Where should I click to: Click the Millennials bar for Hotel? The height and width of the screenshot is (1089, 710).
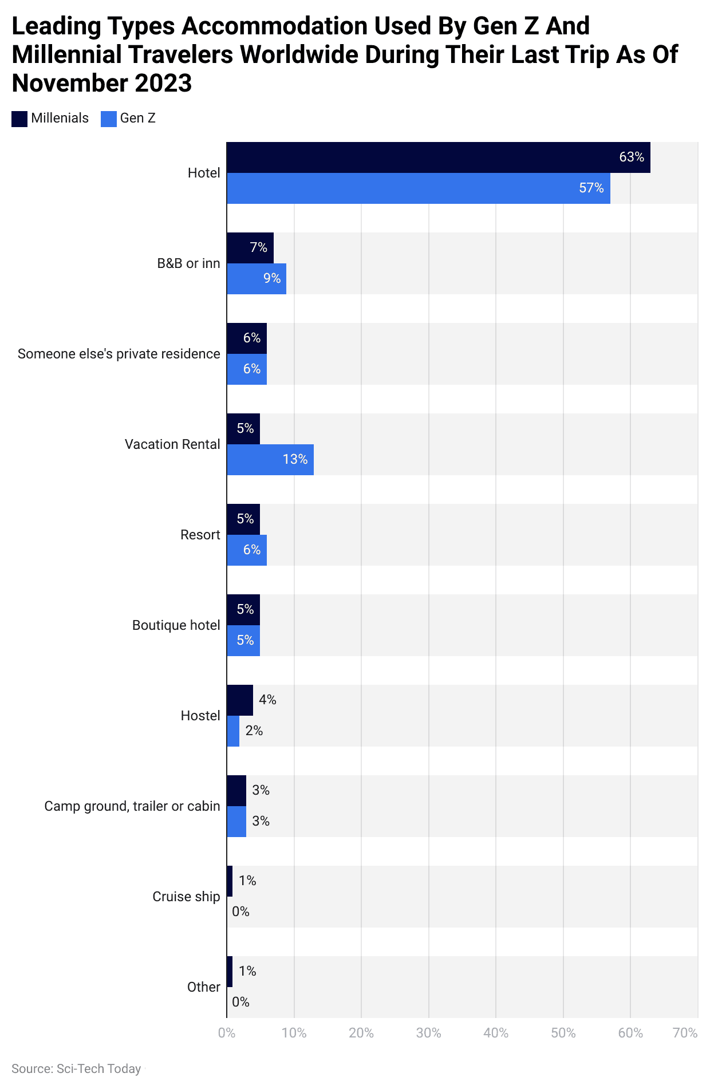pyautogui.click(x=438, y=157)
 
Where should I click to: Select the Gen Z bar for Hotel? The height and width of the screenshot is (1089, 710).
pyautogui.click(x=418, y=188)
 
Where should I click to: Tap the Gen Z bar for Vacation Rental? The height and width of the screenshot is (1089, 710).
pyautogui.click(x=270, y=460)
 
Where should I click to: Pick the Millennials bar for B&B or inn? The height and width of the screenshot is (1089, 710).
pyautogui.click(x=250, y=248)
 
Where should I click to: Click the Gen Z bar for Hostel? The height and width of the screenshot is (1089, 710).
pyautogui.click(x=233, y=731)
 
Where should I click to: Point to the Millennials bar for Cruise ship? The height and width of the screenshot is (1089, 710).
pyautogui.click(x=230, y=881)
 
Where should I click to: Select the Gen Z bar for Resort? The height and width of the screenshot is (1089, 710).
pyautogui.click(x=246, y=550)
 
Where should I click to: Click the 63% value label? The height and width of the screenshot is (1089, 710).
pyautogui.click(x=631, y=157)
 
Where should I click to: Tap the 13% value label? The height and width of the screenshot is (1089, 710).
pyautogui.click(x=295, y=460)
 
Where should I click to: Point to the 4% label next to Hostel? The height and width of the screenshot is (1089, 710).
pyautogui.click(x=267, y=700)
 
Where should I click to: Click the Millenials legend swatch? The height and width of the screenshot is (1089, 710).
pyautogui.click(x=19, y=119)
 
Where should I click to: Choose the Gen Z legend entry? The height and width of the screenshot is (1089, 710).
pyautogui.click(x=128, y=119)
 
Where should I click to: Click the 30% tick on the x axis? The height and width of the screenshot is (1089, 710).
pyautogui.click(x=428, y=1033)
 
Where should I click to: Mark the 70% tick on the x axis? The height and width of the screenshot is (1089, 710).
pyautogui.click(x=685, y=1033)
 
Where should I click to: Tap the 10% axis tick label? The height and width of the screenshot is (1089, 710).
pyautogui.click(x=294, y=1033)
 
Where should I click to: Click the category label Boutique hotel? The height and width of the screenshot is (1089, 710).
pyautogui.click(x=176, y=625)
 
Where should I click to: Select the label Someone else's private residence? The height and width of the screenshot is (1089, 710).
pyautogui.click(x=119, y=354)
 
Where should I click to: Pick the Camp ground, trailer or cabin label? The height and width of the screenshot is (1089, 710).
pyautogui.click(x=132, y=806)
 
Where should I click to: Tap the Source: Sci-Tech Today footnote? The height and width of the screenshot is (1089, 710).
pyautogui.click(x=76, y=1069)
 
